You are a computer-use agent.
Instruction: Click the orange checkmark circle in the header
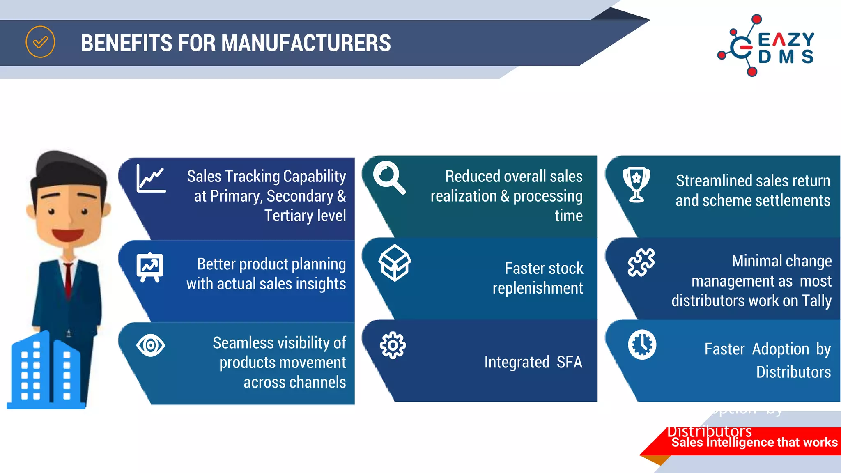[40, 42]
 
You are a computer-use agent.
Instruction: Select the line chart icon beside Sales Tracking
[151, 179]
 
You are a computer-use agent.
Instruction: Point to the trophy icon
[636, 184]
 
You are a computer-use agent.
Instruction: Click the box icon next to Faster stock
[395, 263]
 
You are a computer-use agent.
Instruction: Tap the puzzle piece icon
[641, 263]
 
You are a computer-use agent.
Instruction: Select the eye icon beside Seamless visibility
[150, 345]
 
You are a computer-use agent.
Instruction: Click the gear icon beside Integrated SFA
[393, 345]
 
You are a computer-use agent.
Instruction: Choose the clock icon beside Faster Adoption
[642, 344]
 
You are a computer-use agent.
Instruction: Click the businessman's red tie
[68, 279]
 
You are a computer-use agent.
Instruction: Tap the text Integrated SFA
[533, 362]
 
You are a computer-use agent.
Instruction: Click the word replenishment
[538, 288]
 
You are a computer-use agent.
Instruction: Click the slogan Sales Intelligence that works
[754, 442]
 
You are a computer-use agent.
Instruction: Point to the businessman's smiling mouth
[68, 234]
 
